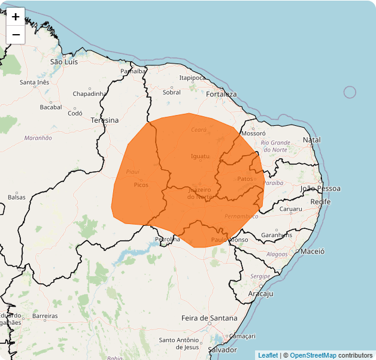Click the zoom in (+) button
[16, 17]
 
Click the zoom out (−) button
[16, 35]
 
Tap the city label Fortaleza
[221, 94]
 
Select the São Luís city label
[64, 62]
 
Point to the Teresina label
[104, 120]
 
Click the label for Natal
[312, 140]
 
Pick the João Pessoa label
[320, 189]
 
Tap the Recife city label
[320, 202]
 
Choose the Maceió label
[313, 252]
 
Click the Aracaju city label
[260, 294]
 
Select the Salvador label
[222, 349]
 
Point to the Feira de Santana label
[209, 317]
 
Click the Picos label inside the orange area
[141, 185]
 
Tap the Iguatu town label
[200, 156]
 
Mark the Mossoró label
[253, 134]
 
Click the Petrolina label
[167, 239]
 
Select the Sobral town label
[172, 92]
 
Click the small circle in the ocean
[350, 92]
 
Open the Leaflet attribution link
[268, 355]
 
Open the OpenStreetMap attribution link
[313, 355]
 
